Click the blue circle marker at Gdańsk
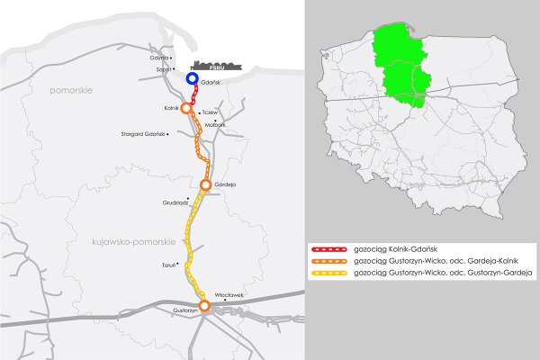click(x=193, y=79)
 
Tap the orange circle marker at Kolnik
click(x=186, y=108)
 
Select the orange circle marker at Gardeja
click(x=206, y=184)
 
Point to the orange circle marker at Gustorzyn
click(x=204, y=306)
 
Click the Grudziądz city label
click(x=175, y=202)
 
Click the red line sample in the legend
click(x=328, y=247)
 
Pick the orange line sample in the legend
click(x=328, y=260)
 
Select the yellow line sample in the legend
click(x=328, y=272)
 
